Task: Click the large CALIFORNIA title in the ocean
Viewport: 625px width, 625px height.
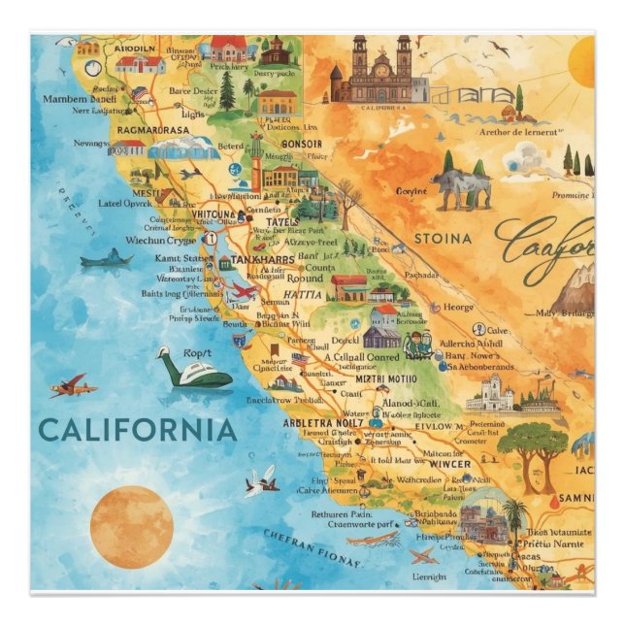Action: [x=137, y=429]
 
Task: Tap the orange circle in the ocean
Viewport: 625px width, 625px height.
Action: [x=131, y=527]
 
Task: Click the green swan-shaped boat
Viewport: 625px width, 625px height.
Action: [x=195, y=370]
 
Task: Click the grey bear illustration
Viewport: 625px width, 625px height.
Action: [x=459, y=188]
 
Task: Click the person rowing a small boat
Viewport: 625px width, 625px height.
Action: [x=106, y=259]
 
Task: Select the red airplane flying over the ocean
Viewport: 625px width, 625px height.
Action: [x=74, y=387]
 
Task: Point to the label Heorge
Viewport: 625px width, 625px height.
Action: [x=458, y=307]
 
